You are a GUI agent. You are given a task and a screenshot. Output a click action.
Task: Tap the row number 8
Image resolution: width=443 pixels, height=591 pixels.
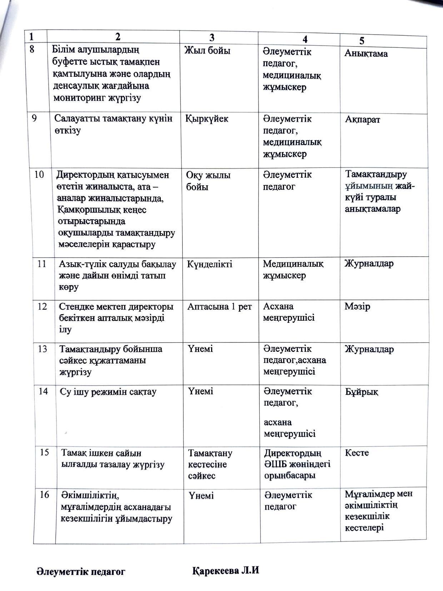(32, 49)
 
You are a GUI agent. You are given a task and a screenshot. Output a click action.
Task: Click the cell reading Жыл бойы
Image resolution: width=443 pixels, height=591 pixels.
(207, 51)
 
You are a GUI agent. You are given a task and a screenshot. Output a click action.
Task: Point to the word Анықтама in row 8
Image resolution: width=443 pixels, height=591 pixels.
(366, 54)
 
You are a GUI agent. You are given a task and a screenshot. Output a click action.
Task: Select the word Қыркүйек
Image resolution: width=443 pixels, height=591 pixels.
(207, 119)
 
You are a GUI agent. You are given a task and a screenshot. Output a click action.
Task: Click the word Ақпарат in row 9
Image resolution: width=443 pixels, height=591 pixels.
(362, 120)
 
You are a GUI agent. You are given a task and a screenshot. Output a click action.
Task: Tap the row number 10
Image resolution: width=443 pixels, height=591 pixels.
(39, 175)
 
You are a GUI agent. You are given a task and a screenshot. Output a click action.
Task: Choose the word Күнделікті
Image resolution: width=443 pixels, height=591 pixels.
(210, 264)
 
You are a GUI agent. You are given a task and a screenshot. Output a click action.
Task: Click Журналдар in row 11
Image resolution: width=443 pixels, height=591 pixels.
(369, 264)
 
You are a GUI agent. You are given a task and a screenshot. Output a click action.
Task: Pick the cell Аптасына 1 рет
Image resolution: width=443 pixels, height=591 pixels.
(220, 306)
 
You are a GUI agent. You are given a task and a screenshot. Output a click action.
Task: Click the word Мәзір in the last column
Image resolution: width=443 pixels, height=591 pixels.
(357, 306)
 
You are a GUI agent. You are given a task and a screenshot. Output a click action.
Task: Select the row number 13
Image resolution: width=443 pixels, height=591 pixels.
(42, 349)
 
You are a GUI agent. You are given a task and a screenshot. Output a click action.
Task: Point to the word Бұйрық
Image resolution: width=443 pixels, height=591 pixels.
(362, 392)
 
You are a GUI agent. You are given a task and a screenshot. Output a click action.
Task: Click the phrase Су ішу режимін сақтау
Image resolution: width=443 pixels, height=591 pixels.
(108, 392)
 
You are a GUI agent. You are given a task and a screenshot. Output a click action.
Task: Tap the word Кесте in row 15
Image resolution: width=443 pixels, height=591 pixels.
(357, 453)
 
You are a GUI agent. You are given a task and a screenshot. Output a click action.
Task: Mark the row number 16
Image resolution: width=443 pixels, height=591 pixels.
(44, 495)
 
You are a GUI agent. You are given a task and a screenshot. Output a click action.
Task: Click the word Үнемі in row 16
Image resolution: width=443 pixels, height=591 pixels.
(201, 496)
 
